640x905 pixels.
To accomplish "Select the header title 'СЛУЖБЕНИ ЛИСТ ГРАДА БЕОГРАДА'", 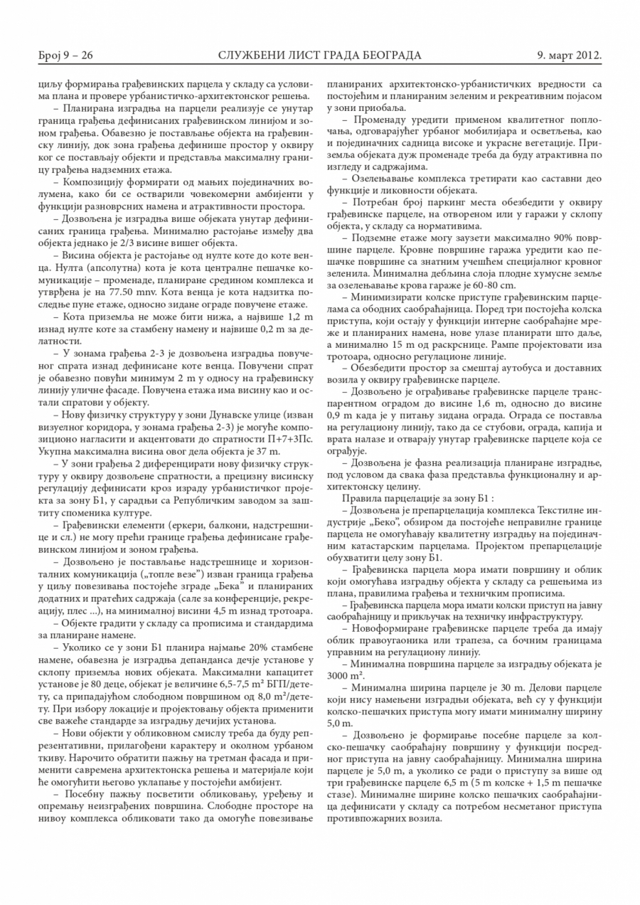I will (x=319, y=55).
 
